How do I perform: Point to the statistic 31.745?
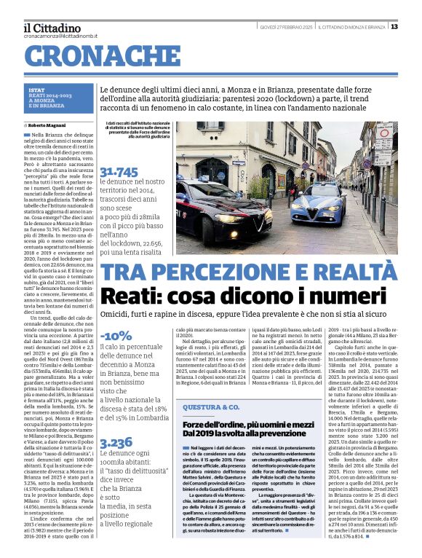tap(119, 172)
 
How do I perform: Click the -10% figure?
tap(116, 335)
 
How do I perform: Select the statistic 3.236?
tap(116, 442)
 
